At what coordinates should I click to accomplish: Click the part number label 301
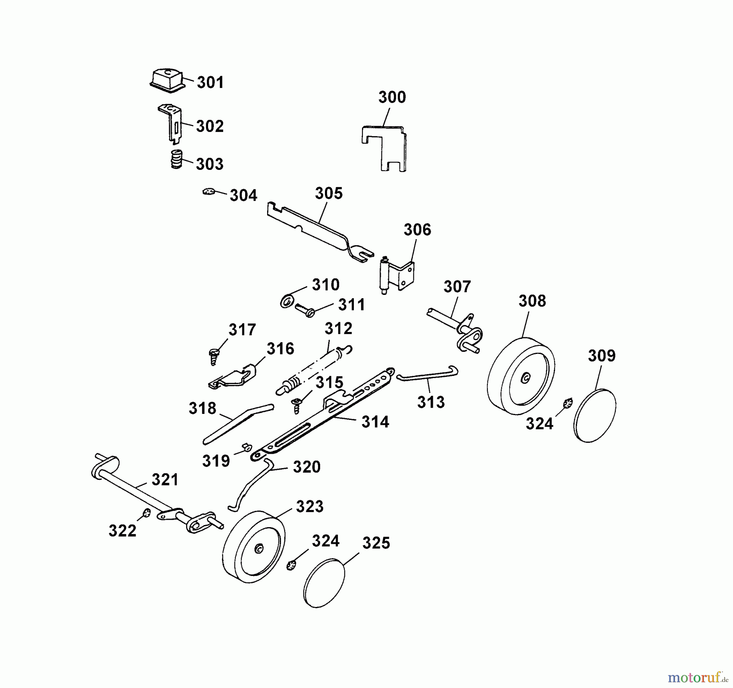[x=210, y=83]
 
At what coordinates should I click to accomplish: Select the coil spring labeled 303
[x=176, y=159]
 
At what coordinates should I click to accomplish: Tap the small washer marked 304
[x=208, y=191]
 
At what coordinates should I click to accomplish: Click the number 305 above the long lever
[x=329, y=193]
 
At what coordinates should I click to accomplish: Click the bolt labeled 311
[x=305, y=310]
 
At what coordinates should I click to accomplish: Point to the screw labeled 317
[x=214, y=356]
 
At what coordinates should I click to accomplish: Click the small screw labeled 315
[x=297, y=405]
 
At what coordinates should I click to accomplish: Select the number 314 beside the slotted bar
[x=375, y=422]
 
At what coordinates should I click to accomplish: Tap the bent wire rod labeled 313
[x=428, y=374]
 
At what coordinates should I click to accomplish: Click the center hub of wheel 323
[x=259, y=550]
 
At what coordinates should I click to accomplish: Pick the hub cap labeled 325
[x=324, y=583]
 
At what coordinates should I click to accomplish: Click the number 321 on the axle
[x=165, y=480]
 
